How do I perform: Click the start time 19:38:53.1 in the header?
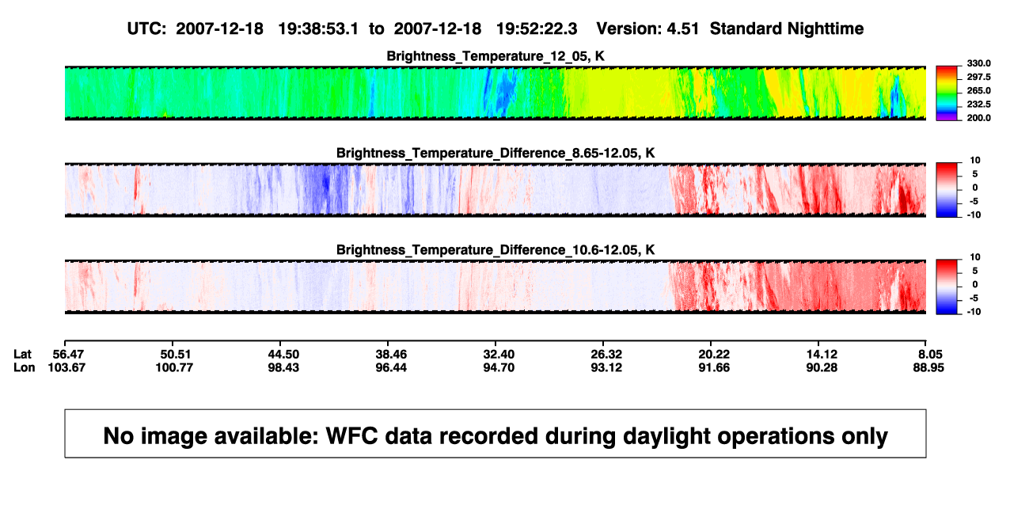[x=318, y=29]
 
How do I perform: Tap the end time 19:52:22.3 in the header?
[x=537, y=29]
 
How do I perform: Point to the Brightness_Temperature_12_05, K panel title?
[x=496, y=56]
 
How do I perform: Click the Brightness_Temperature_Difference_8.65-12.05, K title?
[x=496, y=153]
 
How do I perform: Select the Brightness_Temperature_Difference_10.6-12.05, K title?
[x=496, y=250]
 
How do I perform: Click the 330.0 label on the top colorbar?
[x=978, y=63]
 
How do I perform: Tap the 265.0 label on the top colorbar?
[x=978, y=90]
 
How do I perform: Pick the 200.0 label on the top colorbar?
[x=978, y=118]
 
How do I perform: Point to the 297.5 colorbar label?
[x=978, y=77]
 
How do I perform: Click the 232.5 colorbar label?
[x=978, y=104]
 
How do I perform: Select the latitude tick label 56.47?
[x=68, y=355]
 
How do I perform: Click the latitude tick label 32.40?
[x=499, y=355]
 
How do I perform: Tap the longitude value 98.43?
[x=283, y=367]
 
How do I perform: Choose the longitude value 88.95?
[x=928, y=367]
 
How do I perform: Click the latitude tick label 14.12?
[x=822, y=355]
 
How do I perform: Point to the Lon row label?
[x=24, y=367]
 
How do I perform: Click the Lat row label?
[x=22, y=355]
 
